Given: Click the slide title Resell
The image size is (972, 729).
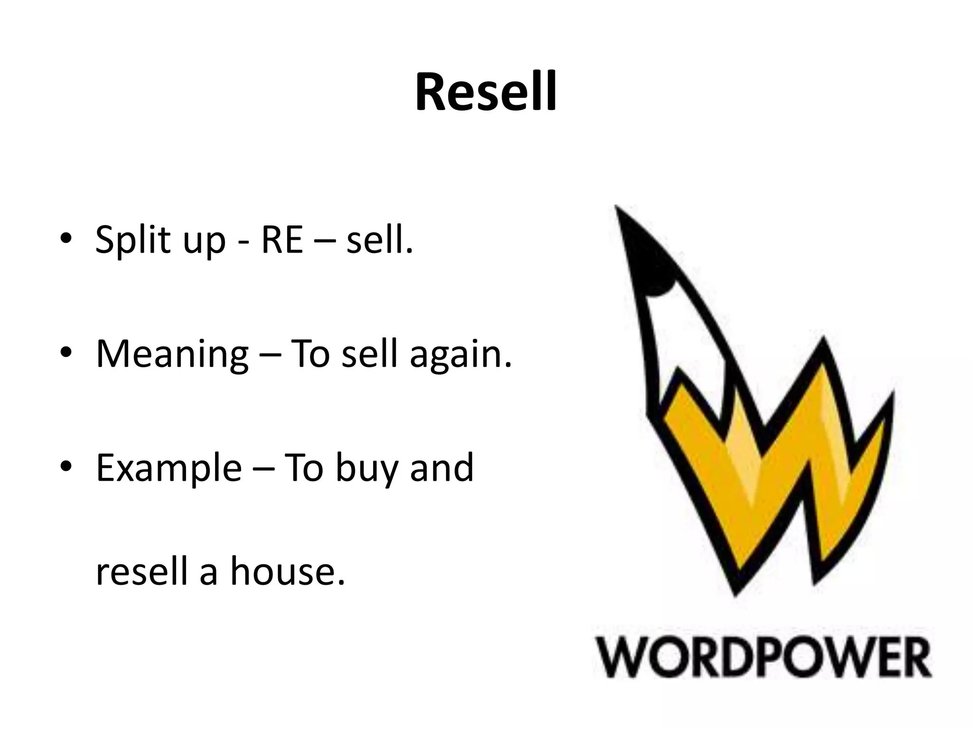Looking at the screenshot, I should click(486, 93).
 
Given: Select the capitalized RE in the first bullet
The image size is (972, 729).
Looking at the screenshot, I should click(282, 240).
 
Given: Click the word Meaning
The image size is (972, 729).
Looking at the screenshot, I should click(172, 355).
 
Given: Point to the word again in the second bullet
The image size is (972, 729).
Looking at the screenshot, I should click(460, 355).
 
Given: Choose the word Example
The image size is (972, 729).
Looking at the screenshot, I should click(169, 469).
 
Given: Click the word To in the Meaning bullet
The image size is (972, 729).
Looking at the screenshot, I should click(309, 354).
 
